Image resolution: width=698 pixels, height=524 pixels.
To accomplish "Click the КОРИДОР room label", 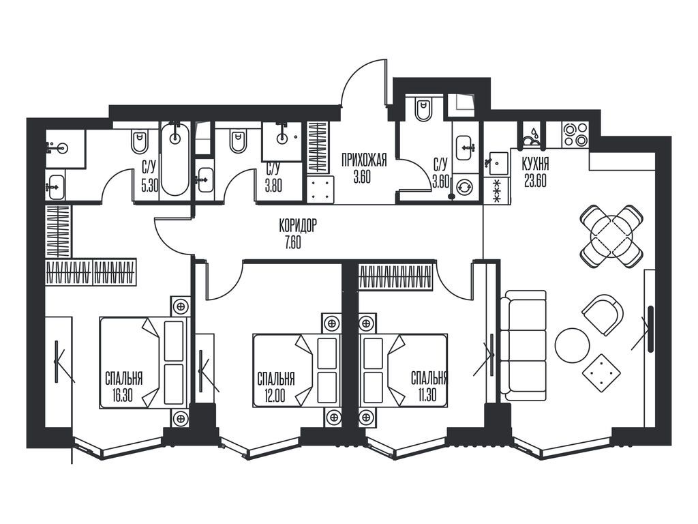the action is click(298, 226).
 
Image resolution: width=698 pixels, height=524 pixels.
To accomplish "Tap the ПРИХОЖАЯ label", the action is click(364, 160).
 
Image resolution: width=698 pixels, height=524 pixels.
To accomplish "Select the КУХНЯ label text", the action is click(535, 164).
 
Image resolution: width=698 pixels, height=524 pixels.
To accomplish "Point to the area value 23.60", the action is click(535, 181).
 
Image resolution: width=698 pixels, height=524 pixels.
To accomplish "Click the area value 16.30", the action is click(123, 396).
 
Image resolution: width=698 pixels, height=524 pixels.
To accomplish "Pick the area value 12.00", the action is click(274, 396).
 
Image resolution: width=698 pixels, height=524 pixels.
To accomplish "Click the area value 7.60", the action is click(292, 244).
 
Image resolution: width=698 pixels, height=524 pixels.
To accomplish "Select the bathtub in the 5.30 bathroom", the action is click(175, 159).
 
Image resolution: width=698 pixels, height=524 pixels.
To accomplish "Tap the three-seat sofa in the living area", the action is click(523, 345).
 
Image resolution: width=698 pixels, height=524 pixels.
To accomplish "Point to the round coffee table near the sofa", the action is click(572, 346).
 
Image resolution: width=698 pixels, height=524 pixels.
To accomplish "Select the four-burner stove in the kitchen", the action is click(575, 135).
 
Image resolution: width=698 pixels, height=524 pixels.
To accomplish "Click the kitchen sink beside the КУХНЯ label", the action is click(497, 163).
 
